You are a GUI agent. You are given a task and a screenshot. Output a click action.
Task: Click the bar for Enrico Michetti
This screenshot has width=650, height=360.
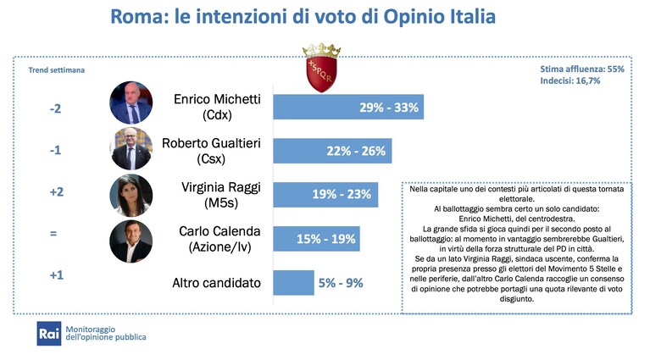[x=348, y=107]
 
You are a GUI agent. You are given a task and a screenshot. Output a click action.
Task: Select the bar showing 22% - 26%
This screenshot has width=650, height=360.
[x=332, y=151]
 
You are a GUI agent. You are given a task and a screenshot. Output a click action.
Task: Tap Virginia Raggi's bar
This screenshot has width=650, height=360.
[x=325, y=194]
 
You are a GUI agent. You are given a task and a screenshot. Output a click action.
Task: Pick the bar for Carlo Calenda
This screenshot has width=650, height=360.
[x=316, y=239]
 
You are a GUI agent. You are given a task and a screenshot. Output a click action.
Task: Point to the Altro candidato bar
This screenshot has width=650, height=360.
[x=293, y=283]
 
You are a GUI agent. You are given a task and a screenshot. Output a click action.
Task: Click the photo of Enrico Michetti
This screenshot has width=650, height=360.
[x=131, y=102]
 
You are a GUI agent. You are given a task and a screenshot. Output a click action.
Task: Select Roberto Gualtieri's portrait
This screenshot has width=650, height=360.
[x=131, y=149]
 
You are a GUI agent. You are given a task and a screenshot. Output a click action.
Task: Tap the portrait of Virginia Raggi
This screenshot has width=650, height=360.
[x=131, y=195]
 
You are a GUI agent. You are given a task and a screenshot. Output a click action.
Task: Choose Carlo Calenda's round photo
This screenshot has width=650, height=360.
[x=131, y=241]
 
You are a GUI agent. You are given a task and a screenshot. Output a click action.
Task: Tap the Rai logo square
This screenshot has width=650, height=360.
[x=49, y=334]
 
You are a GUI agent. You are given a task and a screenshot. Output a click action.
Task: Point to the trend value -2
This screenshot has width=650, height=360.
[x=55, y=108]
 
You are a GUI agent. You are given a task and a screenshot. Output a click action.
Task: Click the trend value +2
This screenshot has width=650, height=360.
[x=57, y=191]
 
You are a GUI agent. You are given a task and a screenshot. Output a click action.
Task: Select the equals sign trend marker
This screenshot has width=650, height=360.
[x=53, y=233]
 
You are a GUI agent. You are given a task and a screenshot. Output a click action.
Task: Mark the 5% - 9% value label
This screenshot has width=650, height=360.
[x=341, y=283]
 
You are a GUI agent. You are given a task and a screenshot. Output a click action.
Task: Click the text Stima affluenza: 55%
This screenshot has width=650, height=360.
[x=582, y=69]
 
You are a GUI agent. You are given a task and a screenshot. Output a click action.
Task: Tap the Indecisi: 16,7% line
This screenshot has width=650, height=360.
[x=570, y=80]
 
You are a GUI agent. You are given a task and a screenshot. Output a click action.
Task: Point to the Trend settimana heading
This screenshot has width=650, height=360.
[x=57, y=70]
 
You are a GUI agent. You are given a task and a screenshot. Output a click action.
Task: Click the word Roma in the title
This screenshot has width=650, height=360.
[x=137, y=17]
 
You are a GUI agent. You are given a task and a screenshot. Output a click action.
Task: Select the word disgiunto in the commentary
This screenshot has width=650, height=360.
[x=516, y=299]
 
